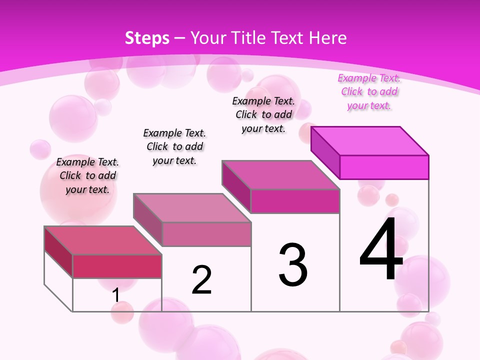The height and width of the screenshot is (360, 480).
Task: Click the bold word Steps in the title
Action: click(147, 38)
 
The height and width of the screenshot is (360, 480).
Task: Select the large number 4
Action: click(381, 249)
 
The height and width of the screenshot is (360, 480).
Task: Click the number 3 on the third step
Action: click(293, 265)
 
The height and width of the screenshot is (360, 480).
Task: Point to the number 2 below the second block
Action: click(202, 280)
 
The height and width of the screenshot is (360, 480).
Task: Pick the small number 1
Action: click(116, 295)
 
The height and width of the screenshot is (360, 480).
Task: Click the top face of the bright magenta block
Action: click(370, 141)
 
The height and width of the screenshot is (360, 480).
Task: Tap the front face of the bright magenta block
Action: click(384, 167)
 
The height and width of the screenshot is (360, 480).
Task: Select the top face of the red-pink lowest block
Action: click(103, 240)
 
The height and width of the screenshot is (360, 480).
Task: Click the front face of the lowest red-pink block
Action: click(117, 266)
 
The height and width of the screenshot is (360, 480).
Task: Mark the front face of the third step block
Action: click(295, 201)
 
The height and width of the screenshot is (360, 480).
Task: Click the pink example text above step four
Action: click(369, 92)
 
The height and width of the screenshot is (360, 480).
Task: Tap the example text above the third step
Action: click(263, 114)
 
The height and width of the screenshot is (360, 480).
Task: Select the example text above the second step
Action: click(174, 146)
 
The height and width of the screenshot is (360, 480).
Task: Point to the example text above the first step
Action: click(87, 175)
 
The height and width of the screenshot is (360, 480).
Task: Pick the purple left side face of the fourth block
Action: click(325, 151)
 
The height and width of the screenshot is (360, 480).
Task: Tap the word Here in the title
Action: click(328, 38)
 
